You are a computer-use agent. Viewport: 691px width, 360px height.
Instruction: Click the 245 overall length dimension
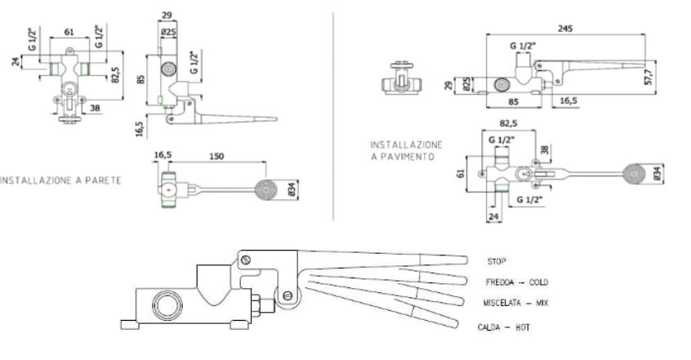click(x=566, y=28)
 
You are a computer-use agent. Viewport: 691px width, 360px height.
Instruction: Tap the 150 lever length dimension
click(x=216, y=154)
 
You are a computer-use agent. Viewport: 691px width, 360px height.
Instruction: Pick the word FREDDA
click(x=500, y=282)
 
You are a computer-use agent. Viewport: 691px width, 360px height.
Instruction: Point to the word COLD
click(x=537, y=282)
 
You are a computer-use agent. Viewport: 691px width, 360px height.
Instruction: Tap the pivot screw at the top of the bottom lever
click(x=244, y=260)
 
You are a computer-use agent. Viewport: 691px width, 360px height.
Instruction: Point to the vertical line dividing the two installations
click(x=333, y=114)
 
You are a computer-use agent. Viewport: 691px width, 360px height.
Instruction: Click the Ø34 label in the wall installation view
click(x=292, y=189)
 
